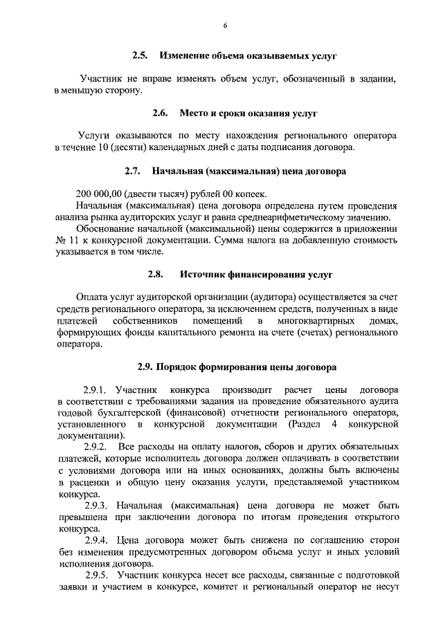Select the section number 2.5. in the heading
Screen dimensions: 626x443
tap(141, 55)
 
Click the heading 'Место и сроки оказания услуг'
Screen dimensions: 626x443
tap(249, 112)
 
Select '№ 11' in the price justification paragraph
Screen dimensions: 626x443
tap(65, 240)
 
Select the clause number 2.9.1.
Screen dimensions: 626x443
tap(96, 390)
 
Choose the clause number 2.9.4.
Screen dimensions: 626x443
tap(96, 542)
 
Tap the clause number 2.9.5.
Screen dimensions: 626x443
tap(96, 576)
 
